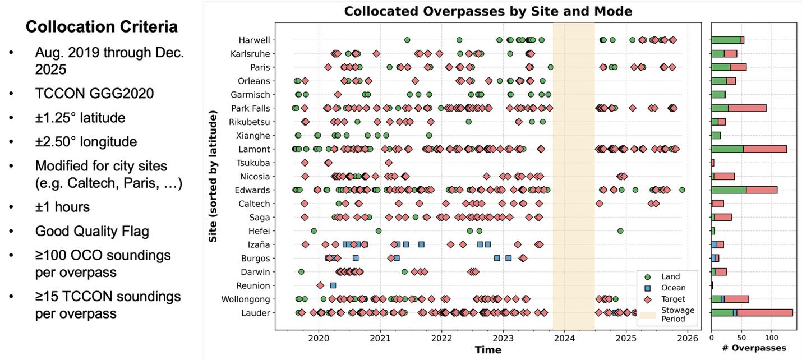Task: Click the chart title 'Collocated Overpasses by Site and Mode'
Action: [x=488, y=11]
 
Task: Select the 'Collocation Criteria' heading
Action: [x=102, y=27]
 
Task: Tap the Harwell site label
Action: [x=254, y=40]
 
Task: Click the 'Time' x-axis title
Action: [x=488, y=350]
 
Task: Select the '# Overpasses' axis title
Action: [x=754, y=348]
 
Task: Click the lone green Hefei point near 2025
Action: [x=620, y=230]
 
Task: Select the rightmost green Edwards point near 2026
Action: [x=682, y=190]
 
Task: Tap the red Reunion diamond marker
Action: [x=320, y=285]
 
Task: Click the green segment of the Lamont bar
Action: [x=727, y=149]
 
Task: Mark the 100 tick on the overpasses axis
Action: [x=771, y=338]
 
